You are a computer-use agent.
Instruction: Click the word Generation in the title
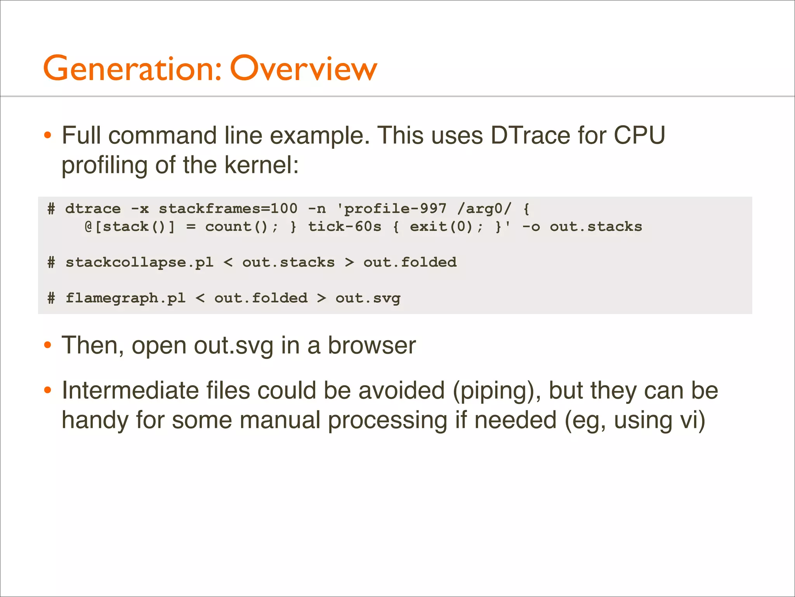pos(132,68)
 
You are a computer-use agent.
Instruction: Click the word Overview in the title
pos(303,68)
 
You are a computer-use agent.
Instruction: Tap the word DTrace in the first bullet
pos(530,135)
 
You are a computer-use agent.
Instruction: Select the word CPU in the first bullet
pos(639,135)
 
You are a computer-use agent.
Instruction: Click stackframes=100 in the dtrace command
pos(228,209)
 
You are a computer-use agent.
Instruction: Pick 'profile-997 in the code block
pos(392,209)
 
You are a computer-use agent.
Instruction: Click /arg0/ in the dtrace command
pos(484,209)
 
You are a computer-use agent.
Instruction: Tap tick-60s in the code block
pos(344,227)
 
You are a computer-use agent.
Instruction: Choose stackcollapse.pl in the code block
pos(139,262)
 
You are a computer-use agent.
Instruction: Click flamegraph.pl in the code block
pos(125,298)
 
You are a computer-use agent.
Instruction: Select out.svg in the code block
pos(368,298)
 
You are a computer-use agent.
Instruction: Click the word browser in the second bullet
pos(372,345)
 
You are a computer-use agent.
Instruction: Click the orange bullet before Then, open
pos(47,345)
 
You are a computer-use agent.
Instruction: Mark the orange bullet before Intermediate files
pos(47,390)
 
